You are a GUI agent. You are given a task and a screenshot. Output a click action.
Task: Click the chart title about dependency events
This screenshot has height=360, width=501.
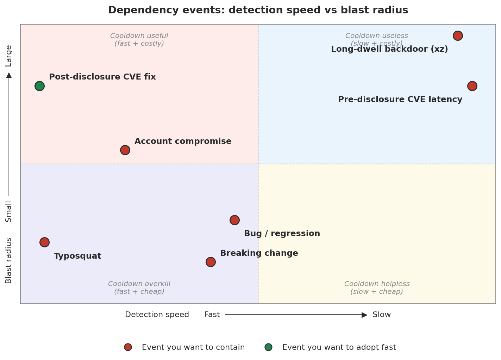[x=258, y=10]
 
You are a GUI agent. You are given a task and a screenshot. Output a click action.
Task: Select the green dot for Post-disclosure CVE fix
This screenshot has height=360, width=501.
[x=39, y=86]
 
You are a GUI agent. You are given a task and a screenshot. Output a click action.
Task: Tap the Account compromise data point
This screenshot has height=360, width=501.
[x=125, y=150]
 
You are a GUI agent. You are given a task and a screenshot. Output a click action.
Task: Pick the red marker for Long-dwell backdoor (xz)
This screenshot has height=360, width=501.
[x=458, y=36]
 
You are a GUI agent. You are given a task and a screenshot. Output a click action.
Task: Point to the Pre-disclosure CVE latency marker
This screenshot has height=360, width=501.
[x=472, y=86]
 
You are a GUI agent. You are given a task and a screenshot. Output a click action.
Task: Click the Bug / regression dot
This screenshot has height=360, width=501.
[x=234, y=220]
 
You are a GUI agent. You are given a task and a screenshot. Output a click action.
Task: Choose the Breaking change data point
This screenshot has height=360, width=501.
[x=211, y=262]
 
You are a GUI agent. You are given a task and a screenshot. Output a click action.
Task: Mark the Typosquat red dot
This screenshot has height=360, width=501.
[x=44, y=242]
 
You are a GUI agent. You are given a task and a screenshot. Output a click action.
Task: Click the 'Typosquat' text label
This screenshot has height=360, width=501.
[x=77, y=256]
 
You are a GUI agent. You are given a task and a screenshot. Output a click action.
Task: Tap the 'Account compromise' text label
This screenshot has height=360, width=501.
[x=183, y=141]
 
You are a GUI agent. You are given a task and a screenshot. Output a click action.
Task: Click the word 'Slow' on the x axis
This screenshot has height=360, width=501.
[x=382, y=315]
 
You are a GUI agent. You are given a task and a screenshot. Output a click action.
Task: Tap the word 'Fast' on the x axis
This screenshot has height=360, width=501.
[x=212, y=315]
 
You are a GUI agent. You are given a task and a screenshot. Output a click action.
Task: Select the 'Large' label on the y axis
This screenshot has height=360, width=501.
[x=9, y=56]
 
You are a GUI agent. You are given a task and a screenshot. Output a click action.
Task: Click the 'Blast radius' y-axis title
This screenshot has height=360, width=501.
[x=9, y=260]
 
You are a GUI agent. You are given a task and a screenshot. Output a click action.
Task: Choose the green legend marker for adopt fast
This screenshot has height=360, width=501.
[x=268, y=347]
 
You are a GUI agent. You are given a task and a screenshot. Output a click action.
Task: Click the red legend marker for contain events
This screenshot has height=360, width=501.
[x=128, y=347]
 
